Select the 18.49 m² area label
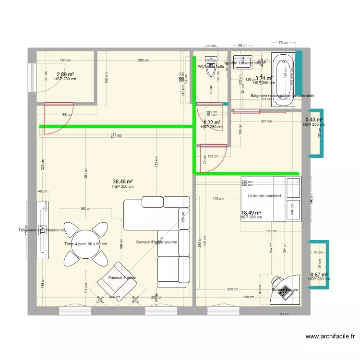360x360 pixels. pyautogui.click(x=251, y=213)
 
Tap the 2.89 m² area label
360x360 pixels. pyautogui.click(x=65, y=74)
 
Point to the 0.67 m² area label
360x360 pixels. pyautogui.click(x=319, y=275)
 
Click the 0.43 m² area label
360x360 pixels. pyautogui.click(x=314, y=120)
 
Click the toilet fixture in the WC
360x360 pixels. pyautogui.click(x=210, y=69)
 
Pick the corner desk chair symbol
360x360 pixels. pyautogui.click(x=277, y=281)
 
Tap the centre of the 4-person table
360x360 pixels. pyautogui.click(x=85, y=244)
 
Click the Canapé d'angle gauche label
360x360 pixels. pyautogui.click(x=156, y=242)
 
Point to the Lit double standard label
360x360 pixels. pyautogui.click(x=264, y=196)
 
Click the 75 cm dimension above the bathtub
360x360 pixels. pyautogui.click(x=283, y=43)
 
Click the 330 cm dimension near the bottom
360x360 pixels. pyautogui.click(x=249, y=297)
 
